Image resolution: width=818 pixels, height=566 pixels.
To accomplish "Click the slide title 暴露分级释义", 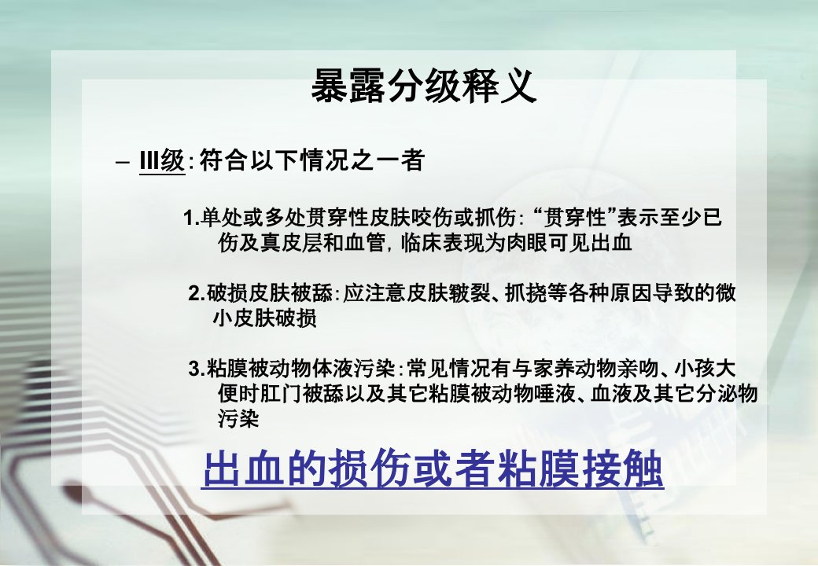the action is coord(424,86).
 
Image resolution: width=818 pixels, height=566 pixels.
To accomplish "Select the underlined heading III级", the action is coord(162,160).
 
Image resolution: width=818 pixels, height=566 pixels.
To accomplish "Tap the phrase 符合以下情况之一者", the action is coord(311,160).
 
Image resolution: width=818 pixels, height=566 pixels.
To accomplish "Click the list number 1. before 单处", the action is coord(191,218).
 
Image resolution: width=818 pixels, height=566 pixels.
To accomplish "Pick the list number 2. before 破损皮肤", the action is coord(196,294).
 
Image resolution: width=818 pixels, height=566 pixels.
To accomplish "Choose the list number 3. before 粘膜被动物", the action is coord(196,369).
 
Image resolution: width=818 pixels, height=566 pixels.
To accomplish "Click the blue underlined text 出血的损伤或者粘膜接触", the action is coord(433,469).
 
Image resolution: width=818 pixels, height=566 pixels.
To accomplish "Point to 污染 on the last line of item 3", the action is coord(238,419).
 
